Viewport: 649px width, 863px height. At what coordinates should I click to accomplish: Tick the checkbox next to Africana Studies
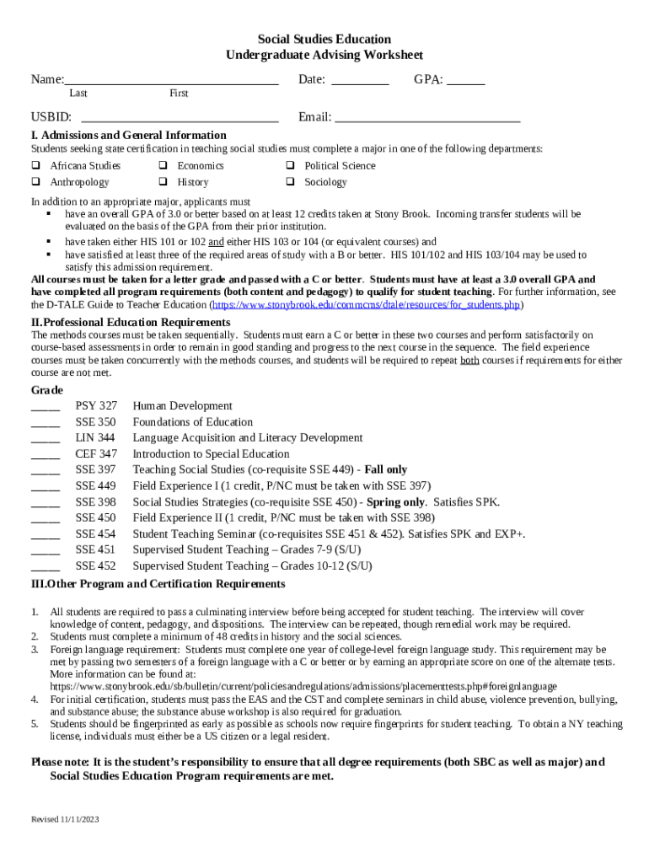[x=36, y=166]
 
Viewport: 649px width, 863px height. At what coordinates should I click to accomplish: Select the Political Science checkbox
[x=290, y=166]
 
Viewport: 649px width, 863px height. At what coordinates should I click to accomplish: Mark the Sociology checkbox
[x=290, y=182]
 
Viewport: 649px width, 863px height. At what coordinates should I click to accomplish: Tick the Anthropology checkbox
[x=36, y=182]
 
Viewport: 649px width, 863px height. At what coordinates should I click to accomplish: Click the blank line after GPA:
[x=465, y=83]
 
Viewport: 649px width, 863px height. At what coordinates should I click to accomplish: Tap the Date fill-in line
[x=360, y=83]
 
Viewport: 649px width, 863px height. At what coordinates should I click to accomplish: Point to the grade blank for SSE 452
[x=46, y=569]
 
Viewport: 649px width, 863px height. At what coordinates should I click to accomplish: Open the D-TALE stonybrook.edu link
[x=366, y=304]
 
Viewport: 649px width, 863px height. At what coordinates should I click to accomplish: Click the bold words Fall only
[x=386, y=470]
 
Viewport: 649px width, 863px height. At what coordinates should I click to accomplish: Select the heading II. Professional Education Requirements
[x=131, y=323]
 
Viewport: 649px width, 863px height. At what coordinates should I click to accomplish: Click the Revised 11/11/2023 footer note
[x=66, y=819]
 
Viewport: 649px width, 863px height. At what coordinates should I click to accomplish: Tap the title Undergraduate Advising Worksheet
[x=324, y=55]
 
